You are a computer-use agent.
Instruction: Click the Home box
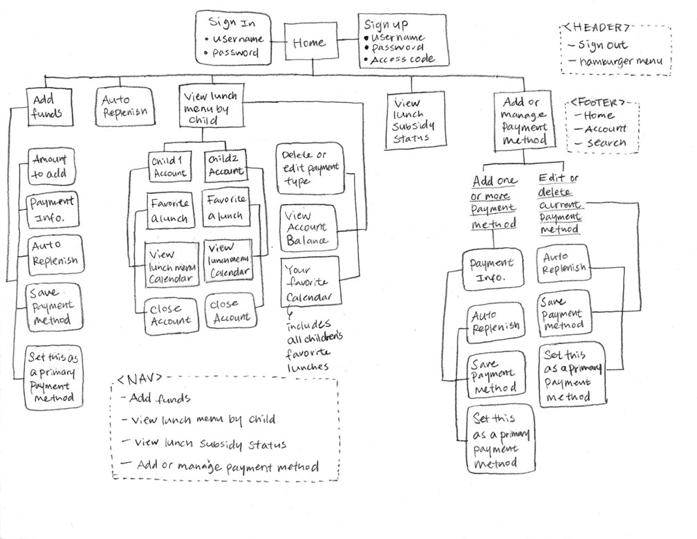pyautogui.click(x=308, y=43)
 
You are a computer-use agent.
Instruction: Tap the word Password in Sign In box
pyautogui.click(x=236, y=53)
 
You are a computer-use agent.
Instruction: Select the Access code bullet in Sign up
pyautogui.click(x=403, y=60)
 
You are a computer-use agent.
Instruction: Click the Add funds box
pyautogui.click(x=48, y=106)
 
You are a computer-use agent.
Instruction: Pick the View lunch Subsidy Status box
pyautogui.click(x=410, y=120)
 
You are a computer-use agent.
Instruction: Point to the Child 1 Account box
pyautogui.click(x=168, y=167)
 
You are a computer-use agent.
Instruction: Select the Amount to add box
pyautogui.click(x=50, y=167)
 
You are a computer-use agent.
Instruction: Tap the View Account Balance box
pyautogui.click(x=306, y=228)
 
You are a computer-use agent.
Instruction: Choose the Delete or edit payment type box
pyautogui.click(x=309, y=168)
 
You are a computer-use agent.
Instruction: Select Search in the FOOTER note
pyautogui.click(x=606, y=143)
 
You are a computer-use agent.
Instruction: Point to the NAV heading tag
pyautogui.click(x=141, y=379)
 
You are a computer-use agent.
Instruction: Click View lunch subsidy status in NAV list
pyautogui.click(x=211, y=444)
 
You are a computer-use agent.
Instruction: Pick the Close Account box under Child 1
pyautogui.click(x=170, y=315)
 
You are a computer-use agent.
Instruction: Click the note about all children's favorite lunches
pyautogui.click(x=310, y=345)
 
